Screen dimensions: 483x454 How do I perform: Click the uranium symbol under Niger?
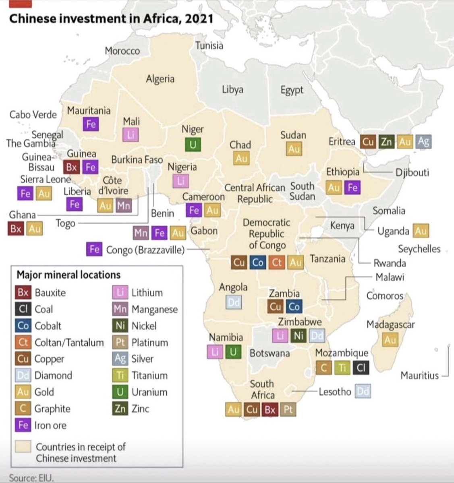pyautogui.click(x=193, y=144)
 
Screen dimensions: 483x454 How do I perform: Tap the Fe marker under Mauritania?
pyautogui.click(x=91, y=124)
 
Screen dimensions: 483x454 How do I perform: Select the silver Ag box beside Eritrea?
pyautogui.click(x=423, y=142)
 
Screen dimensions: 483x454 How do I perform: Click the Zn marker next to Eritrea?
pyautogui.click(x=386, y=142)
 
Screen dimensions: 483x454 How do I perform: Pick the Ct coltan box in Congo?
pyautogui.click(x=276, y=262)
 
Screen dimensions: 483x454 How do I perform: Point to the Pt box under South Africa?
pyautogui.click(x=288, y=410)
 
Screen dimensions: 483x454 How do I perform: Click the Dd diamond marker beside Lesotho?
pyautogui.click(x=363, y=391)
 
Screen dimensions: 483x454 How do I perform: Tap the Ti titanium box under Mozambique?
pyautogui.click(x=342, y=367)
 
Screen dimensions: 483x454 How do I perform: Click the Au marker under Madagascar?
pyautogui.click(x=390, y=340)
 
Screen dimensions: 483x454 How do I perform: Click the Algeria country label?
pyautogui.click(x=160, y=79)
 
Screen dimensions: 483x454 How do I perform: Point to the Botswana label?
pyautogui.click(x=269, y=353)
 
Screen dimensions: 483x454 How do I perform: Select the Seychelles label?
pyautogui.click(x=419, y=249)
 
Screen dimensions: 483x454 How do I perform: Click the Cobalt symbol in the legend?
pyautogui.click(x=23, y=326)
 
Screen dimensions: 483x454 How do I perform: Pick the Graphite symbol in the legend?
pyautogui.click(x=23, y=409)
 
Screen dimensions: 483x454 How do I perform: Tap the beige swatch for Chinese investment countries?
pyautogui.click(x=23, y=447)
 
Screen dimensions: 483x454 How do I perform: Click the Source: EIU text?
pyautogui.click(x=31, y=478)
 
